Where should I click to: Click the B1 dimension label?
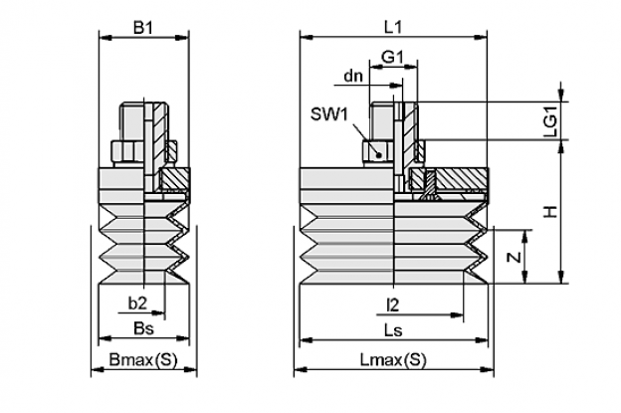pos(143,28)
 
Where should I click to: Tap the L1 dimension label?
pos(393,27)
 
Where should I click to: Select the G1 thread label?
pos(392,58)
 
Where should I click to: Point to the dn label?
pos(353,76)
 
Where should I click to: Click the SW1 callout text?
pos(329,114)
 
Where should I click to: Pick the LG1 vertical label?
pos(551,121)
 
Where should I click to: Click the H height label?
pos(551,212)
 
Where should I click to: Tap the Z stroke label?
pos(515,258)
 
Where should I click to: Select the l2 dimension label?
pos(392,305)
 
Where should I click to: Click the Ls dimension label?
pos(393,330)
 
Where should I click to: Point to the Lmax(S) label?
pos(393,360)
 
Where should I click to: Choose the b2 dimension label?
pos(137,304)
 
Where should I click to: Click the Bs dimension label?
pos(143,328)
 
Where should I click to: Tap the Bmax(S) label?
pos(143,360)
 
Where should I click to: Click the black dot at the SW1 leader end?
pos(379,155)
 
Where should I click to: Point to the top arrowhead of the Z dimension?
pos(525,236)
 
